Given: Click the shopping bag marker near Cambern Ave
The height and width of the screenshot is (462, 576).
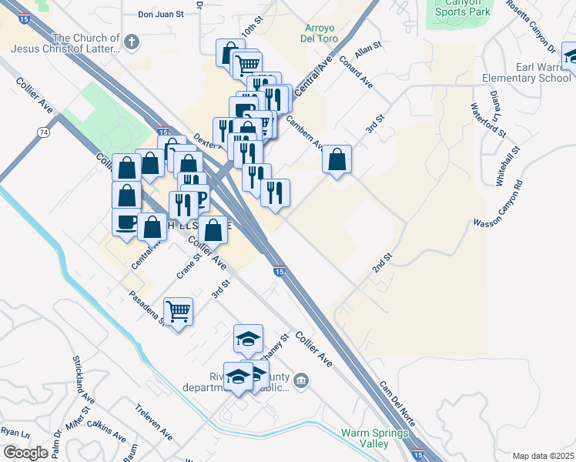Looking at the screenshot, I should click(337, 160).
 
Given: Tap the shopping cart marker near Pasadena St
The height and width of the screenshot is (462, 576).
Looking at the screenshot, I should click(178, 312).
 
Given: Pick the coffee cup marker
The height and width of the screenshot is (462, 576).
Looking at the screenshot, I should click(127, 223).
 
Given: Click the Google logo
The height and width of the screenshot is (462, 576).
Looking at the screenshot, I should click(25, 453).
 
